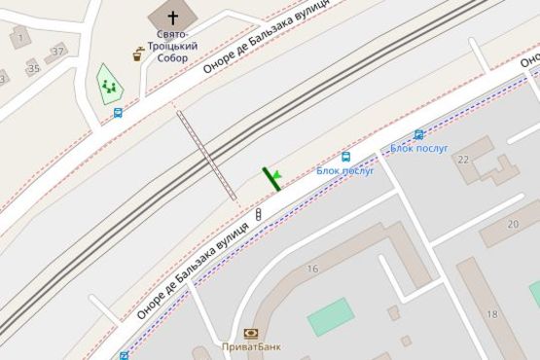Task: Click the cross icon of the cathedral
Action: click(x=172, y=18)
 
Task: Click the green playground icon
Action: click(x=108, y=87)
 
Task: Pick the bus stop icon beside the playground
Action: click(x=118, y=113)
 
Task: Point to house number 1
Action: click(x=19, y=39)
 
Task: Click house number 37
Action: click(x=58, y=51)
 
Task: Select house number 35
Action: click(x=34, y=68)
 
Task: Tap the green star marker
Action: click(x=276, y=176)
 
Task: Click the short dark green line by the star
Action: click(x=270, y=179)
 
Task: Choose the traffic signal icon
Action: click(x=259, y=214)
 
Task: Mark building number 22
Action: click(x=462, y=159)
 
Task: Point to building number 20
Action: click(x=513, y=224)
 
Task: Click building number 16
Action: click(x=312, y=269)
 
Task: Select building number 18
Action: click(x=492, y=314)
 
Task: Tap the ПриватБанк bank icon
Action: click(x=250, y=333)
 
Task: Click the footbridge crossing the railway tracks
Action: click(x=206, y=156)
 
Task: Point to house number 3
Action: click(x=3, y=79)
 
